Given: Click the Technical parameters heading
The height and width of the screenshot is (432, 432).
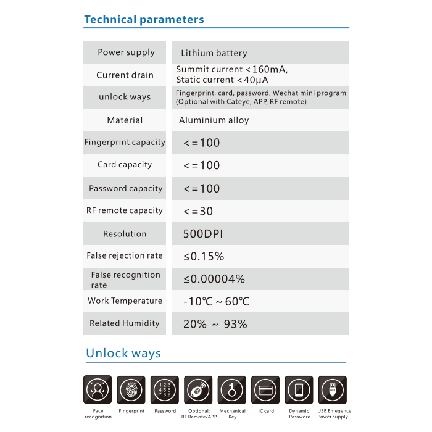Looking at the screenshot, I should [x=144, y=19].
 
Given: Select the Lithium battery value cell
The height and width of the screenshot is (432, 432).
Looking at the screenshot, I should [x=214, y=53].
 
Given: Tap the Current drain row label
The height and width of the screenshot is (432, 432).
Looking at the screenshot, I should [x=125, y=75].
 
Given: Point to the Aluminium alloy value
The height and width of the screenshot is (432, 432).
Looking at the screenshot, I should [x=214, y=120].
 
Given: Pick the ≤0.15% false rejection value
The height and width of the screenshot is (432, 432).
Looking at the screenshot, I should [x=203, y=256].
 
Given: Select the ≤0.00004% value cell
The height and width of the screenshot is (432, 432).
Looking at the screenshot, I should [x=214, y=279].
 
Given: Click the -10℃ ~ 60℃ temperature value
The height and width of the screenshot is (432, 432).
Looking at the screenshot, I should [x=216, y=302].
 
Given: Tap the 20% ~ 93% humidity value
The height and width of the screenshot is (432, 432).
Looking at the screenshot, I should [x=215, y=324].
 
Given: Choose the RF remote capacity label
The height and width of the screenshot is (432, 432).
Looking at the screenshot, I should [x=125, y=210].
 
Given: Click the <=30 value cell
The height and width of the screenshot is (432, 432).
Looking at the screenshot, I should [x=198, y=211].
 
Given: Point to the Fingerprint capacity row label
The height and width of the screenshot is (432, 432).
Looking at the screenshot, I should [x=125, y=143].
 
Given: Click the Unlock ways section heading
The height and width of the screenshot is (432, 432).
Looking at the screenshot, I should [x=123, y=354].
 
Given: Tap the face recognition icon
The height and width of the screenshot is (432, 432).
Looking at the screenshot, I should [x=98, y=390].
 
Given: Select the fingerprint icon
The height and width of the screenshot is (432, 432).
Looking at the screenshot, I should [x=131, y=390].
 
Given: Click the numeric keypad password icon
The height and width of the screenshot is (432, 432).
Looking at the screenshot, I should [x=165, y=390].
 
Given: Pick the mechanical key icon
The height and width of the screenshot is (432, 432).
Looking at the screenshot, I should [x=232, y=390].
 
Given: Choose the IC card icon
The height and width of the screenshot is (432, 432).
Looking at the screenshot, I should [x=265, y=390].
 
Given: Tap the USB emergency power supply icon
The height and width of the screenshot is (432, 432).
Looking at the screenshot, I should [x=333, y=390].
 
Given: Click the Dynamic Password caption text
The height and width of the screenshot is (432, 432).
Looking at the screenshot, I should [x=299, y=413].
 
